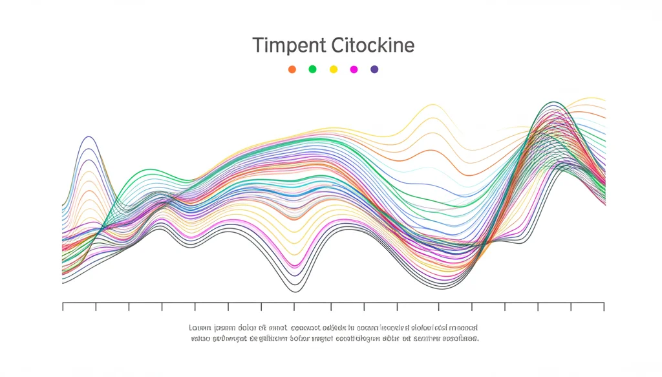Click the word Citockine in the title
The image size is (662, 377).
372,46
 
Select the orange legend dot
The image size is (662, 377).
292,69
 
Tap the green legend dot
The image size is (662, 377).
313,69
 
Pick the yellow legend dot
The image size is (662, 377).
334,69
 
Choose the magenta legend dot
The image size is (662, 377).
354,69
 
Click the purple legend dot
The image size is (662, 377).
374,69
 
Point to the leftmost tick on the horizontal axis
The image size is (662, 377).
63,307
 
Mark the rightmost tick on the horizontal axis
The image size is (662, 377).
604,307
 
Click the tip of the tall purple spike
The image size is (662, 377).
89,136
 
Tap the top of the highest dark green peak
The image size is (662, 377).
553,102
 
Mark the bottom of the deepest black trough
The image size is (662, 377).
295,292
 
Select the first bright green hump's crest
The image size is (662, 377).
147,170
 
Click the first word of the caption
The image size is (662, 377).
200,328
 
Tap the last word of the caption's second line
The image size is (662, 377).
458,338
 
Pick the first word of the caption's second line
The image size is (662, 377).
200,338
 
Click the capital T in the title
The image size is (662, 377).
257,46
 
